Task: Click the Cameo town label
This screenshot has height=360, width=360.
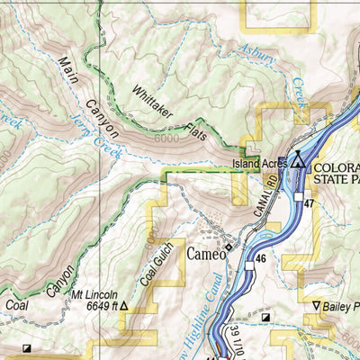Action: (203, 255)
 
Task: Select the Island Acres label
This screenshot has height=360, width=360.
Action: (259, 164)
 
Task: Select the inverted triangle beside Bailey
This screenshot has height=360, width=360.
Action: (315, 306)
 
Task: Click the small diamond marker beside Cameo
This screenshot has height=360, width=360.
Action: (229, 247)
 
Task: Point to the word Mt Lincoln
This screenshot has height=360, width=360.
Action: (91, 292)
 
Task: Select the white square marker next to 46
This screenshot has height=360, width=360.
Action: (249, 265)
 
